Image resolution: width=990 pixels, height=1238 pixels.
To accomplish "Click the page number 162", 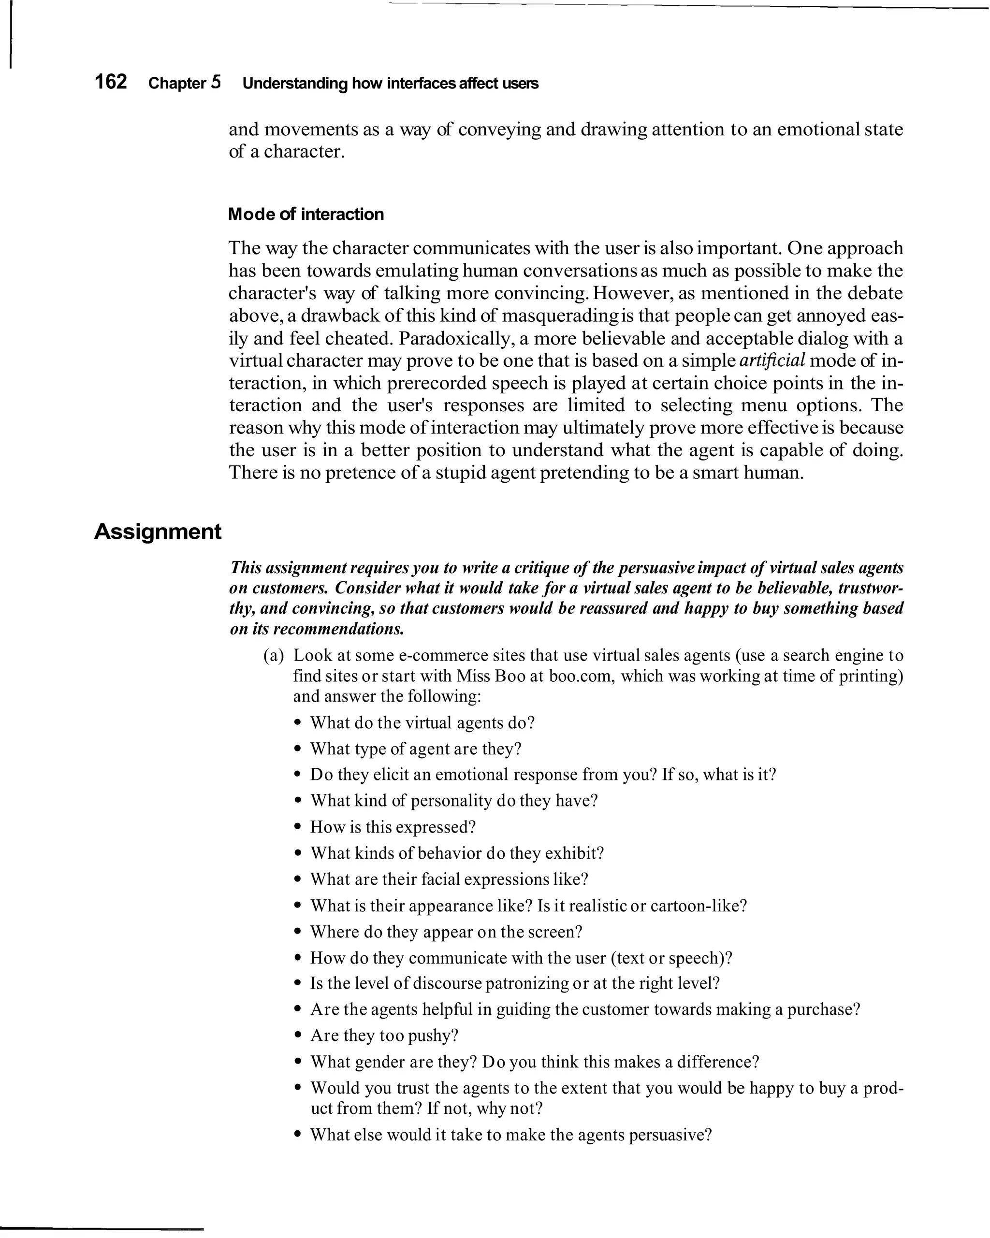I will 110,82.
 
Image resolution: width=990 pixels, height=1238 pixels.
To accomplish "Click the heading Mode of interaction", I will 306,214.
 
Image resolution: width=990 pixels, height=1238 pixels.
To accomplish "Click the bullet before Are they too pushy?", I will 297,1036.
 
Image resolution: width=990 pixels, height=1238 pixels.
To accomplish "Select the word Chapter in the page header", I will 177,83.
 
